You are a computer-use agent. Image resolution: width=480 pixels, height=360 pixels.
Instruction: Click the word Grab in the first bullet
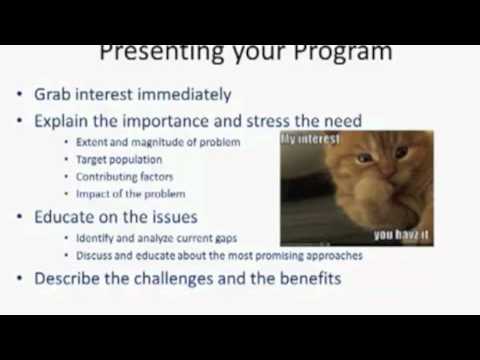click(53, 95)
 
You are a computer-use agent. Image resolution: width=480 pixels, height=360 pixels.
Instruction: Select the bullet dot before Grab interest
click(21, 96)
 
